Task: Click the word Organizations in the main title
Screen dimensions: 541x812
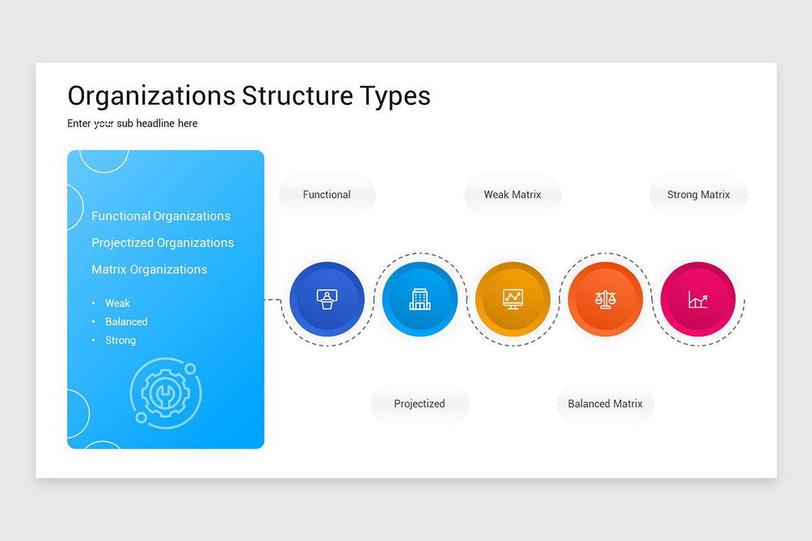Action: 152,96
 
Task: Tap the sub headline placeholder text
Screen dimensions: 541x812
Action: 133,123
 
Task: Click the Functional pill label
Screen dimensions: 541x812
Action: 327,195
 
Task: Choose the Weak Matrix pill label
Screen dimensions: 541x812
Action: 512,195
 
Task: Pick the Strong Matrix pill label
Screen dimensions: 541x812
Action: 698,195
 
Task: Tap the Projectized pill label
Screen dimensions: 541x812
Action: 420,404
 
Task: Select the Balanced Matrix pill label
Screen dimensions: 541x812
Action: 605,404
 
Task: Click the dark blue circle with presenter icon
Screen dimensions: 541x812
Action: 327,299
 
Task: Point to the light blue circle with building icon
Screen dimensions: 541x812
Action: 420,299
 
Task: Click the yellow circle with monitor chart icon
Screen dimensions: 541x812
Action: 512,299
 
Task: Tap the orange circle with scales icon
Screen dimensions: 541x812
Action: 605,299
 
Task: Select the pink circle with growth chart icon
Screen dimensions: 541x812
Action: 698,299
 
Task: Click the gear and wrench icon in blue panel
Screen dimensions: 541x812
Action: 165,393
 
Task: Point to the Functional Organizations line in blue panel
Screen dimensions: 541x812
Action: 161,216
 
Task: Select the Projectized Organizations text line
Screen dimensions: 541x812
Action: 162,243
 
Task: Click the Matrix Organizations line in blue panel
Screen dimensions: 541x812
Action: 150,269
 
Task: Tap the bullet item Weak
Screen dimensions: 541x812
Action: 118,304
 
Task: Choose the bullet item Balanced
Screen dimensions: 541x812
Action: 126,322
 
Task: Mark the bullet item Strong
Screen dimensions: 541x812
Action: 120,340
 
